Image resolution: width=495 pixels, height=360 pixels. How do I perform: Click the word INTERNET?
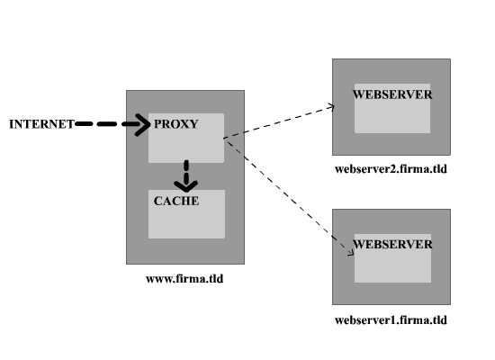(41, 124)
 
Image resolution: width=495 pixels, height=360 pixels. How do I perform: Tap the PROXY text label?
(176, 124)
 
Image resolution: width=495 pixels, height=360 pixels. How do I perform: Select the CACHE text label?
(176, 201)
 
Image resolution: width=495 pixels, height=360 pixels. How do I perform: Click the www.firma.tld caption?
(184, 278)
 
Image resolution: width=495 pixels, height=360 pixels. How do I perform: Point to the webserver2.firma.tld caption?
(391, 169)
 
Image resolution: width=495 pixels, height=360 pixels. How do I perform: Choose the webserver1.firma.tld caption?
(391, 320)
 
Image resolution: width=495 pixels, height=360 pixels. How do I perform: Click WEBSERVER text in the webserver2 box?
(392, 94)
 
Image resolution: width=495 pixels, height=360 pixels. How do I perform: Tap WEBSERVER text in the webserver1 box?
(392, 244)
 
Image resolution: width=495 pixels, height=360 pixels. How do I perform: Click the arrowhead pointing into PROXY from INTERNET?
(143, 124)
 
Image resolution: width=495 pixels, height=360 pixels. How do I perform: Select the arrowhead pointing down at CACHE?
(186, 185)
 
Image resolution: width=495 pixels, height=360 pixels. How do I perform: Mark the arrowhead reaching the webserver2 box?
(331, 107)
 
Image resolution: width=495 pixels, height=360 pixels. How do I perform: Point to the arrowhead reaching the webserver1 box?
(350, 253)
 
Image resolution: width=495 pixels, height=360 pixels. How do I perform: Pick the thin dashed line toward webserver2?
(279, 122)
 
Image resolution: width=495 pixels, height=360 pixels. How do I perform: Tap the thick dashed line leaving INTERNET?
(107, 124)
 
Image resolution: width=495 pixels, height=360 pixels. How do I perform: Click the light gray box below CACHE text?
(186, 221)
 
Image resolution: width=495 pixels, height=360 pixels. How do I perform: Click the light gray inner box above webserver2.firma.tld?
(392, 115)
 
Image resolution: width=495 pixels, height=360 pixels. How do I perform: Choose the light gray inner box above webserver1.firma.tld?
(392, 265)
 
